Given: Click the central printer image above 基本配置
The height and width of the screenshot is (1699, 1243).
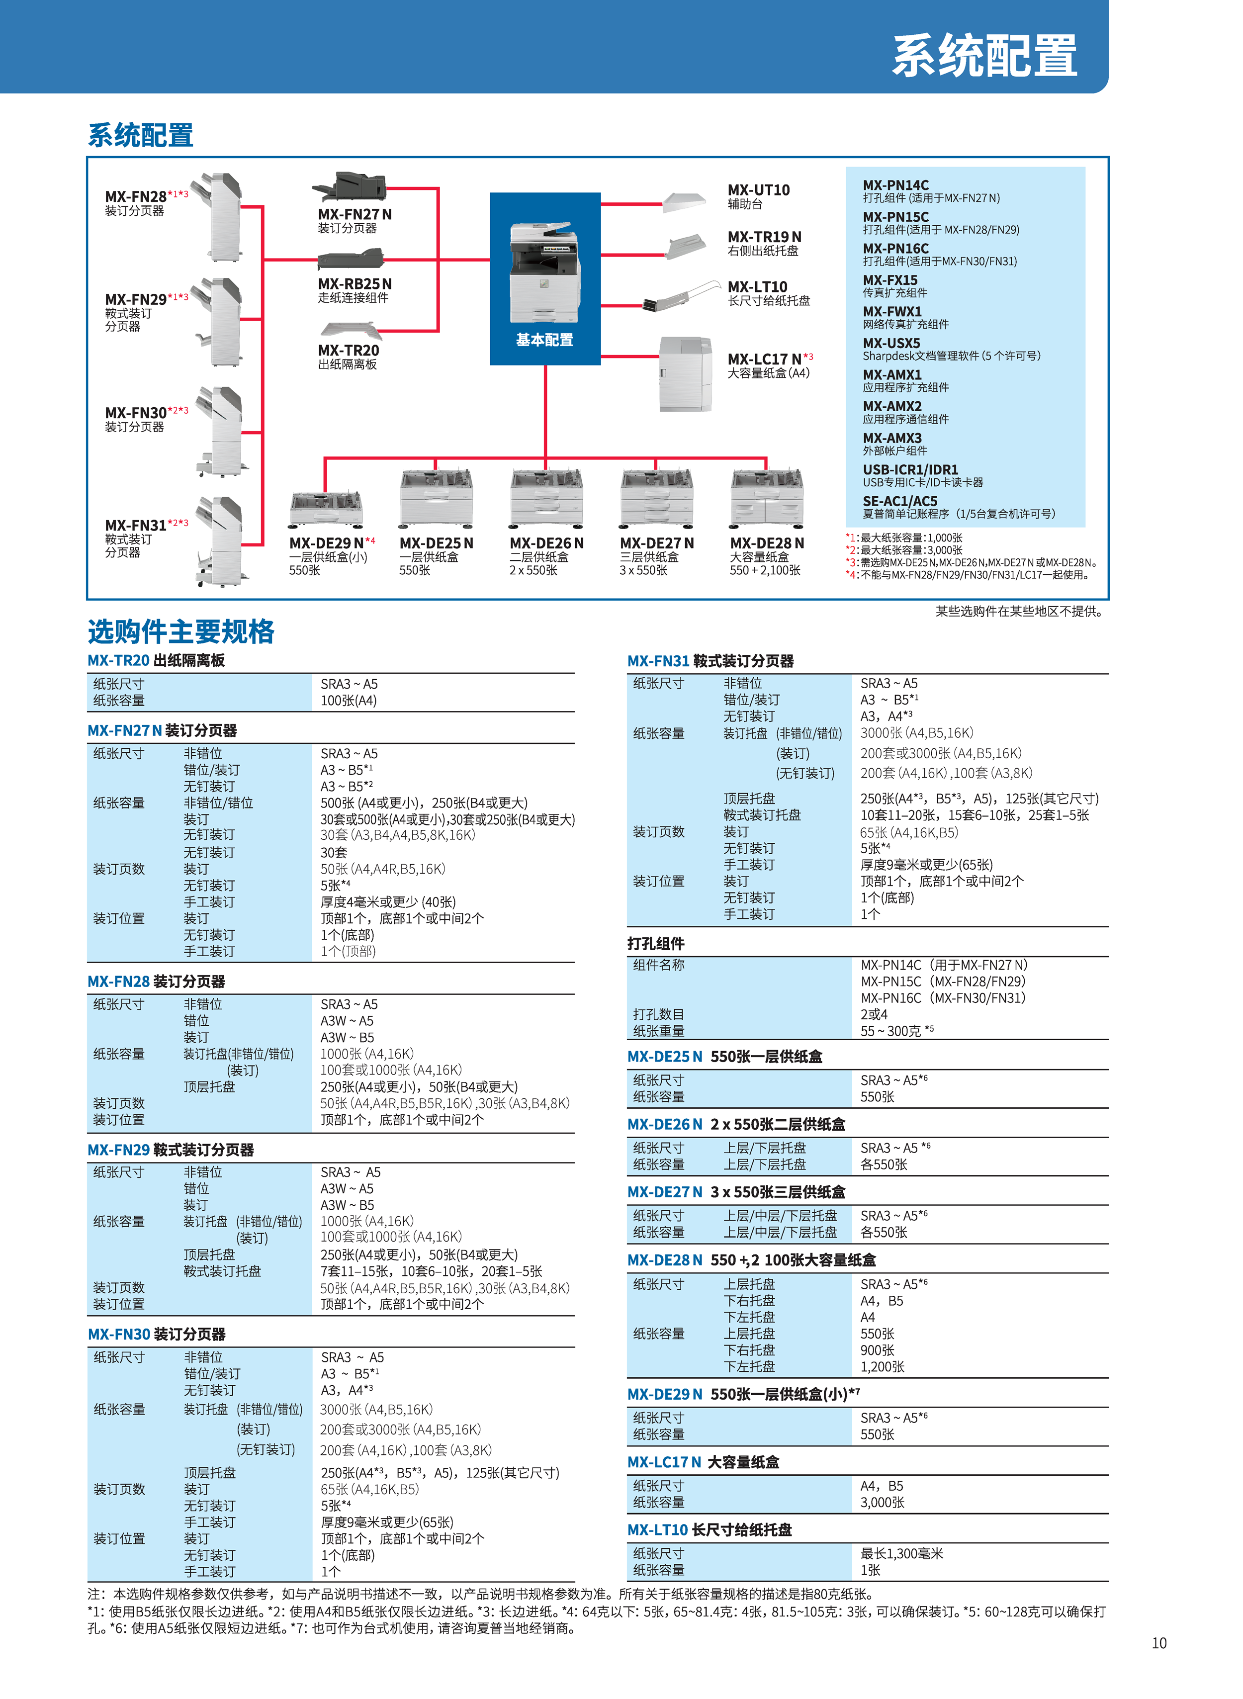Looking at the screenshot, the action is click(x=545, y=272).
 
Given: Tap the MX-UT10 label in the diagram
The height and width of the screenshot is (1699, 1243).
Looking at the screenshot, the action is click(x=758, y=189).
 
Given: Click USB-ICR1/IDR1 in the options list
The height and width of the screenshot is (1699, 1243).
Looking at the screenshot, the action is click(x=910, y=469).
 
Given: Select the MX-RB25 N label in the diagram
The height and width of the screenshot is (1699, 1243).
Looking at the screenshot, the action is click(x=355, y=284).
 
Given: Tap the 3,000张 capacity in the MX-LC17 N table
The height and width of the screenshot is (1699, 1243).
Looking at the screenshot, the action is click(x=883, y=1503).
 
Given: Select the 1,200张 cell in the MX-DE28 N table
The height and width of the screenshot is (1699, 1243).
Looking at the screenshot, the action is click(x=883, y=1366).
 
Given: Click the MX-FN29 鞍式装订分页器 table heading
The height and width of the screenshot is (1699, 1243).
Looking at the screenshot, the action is click(x=171, y=1150).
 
